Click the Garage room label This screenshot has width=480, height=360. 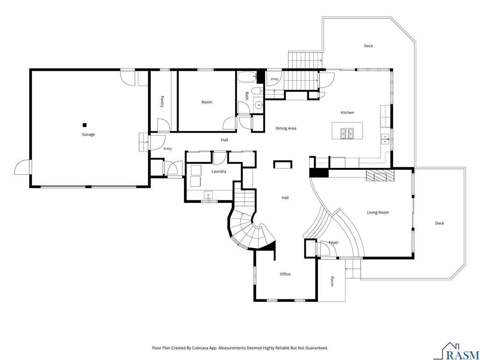[x=88, y=134]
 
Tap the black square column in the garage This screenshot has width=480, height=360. [x=84, y=125]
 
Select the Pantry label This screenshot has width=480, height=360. [x=162, y=101]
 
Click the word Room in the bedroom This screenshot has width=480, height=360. [x=207, y=102]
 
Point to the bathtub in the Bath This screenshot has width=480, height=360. [x=247, y=77]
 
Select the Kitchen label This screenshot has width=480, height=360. [x=347, y=112]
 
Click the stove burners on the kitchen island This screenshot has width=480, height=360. [x=346, y=133]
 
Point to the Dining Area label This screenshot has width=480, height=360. [x=286, y=128]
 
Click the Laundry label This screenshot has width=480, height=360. [x=219, y=171]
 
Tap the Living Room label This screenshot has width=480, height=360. [x=378, y=212]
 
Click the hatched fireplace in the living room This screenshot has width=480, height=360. [x=380, y=175]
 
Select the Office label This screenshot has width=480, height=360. [x=285, y=274]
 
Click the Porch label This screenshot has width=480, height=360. [x=332, y=281]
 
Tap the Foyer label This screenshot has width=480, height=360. [x=333, y=242]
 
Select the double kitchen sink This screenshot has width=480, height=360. [x=385, y=139]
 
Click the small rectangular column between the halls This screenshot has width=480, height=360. [x=282, y=164]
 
